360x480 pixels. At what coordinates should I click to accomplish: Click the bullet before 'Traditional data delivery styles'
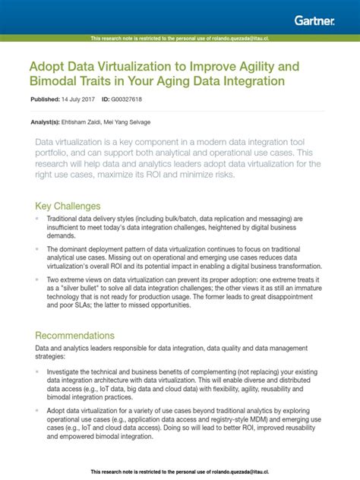click(x=38, y=219)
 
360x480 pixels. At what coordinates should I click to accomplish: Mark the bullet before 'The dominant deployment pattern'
click(x=38, y=249)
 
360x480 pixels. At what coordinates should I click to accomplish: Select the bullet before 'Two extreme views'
click(x=38, y=279)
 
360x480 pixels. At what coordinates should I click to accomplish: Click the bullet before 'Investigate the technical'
click(x=38, y=372)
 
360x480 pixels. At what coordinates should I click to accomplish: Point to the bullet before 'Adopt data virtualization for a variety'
click(x=38, y=412)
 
